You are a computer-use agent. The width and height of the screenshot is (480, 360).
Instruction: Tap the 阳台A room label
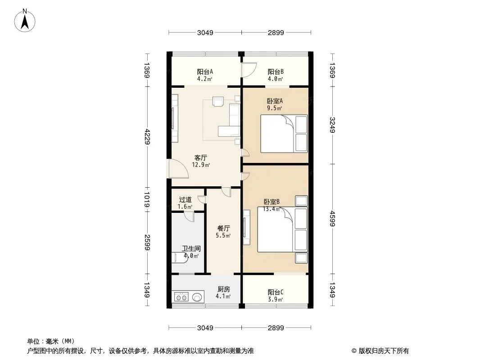tap(205, 72)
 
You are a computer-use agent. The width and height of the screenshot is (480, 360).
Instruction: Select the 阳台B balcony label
tap(275, 72)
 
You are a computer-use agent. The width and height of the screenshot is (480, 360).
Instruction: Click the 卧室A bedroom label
tap(274, 101)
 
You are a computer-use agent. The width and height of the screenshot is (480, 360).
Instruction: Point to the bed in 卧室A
tap(284, 134)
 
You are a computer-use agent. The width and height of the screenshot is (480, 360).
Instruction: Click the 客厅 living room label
tap(201, 158)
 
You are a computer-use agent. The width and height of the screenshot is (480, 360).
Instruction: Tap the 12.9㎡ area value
tap(201, 165)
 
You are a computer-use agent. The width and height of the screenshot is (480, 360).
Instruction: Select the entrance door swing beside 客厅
tap(177, 170)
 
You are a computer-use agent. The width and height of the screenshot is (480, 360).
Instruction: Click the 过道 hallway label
tap(185, 200)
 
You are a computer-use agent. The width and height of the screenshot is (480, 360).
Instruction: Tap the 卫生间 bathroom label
tap(191, 248)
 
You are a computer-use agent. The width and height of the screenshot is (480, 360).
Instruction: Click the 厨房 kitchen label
tap(224, 289)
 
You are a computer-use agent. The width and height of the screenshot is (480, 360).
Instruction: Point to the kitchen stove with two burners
tap(181, 297)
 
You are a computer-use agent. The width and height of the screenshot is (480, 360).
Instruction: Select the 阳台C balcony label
tap(275, 292)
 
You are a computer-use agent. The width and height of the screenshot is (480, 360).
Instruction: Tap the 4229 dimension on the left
tap(147, 136)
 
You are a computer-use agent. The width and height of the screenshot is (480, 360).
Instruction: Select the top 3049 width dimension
tap(205, 33)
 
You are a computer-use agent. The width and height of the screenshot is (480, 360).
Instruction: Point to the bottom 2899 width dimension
tap(276, 328)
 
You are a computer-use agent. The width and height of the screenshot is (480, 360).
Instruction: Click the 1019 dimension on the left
tap(147, 199)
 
